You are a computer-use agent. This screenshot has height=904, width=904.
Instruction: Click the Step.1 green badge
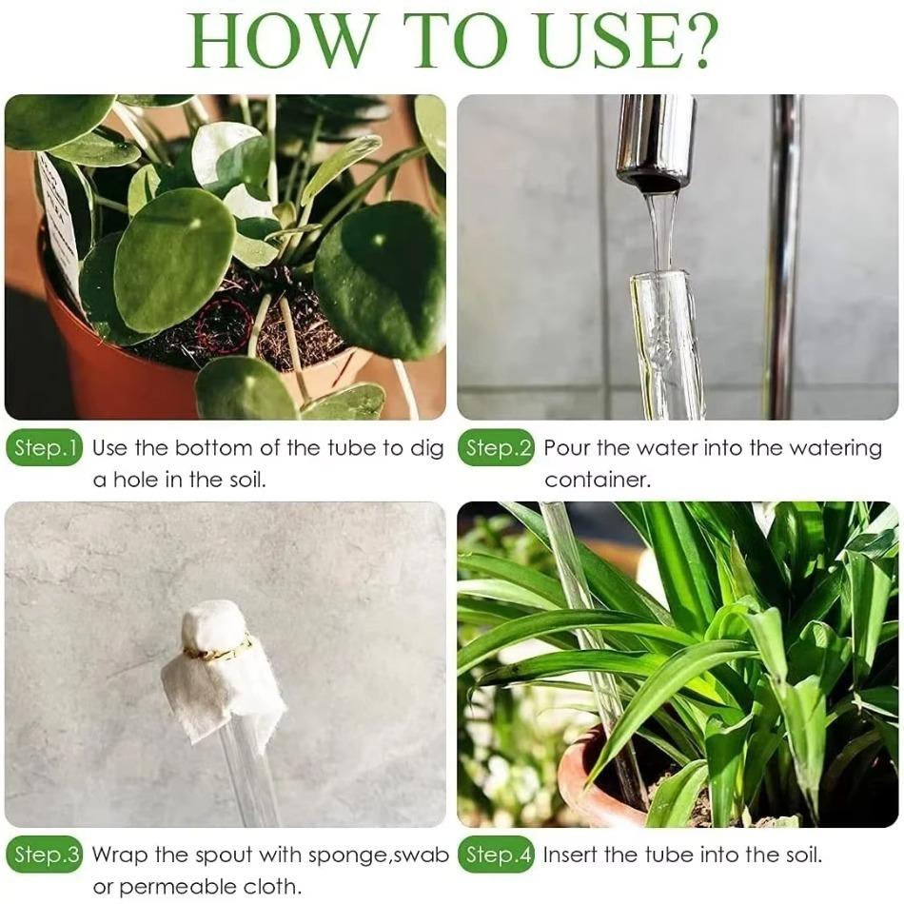click(45, 449)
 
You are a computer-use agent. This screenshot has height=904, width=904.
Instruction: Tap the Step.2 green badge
click(498, 449)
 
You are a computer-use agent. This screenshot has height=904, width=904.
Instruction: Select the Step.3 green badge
click(45, 855)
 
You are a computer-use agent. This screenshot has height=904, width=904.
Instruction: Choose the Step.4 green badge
click(498, 855)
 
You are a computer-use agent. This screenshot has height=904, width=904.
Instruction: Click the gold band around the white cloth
click(217, 650)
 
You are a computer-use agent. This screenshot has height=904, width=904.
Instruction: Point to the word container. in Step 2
click(598, 480)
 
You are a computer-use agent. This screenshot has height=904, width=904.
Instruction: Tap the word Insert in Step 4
click(572, 855)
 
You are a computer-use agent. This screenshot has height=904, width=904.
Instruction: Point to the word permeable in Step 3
click(183, 887)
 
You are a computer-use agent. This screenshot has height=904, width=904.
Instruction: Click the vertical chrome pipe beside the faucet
click(782, 257)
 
